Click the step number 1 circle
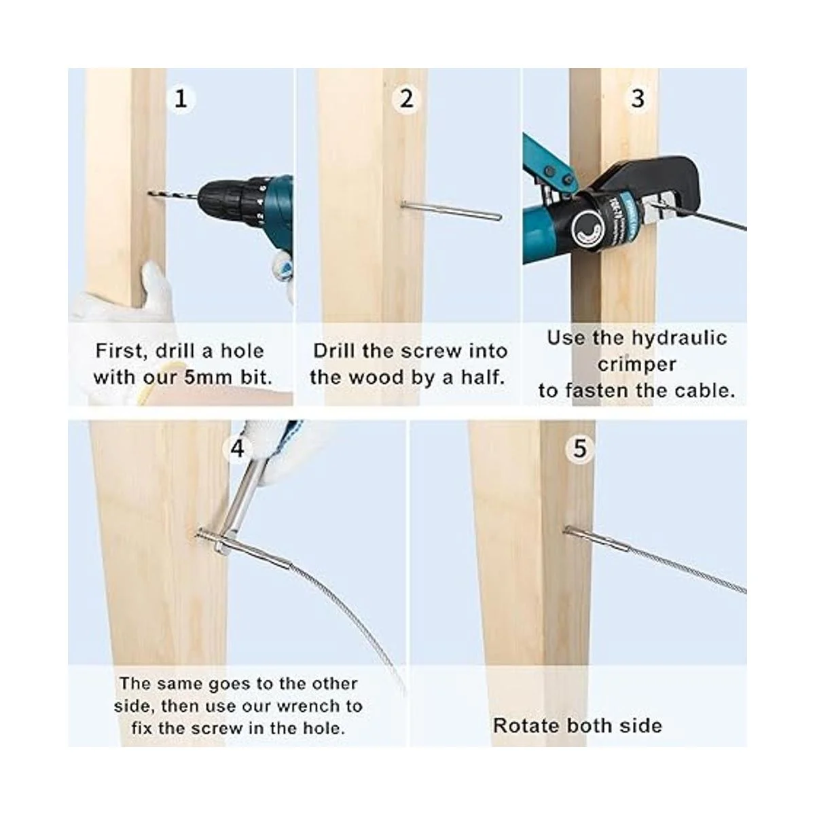(181, 99)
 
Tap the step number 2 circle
(406, 99)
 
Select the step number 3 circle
(637, 99)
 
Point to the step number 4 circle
(238, 448)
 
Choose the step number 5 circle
(579, 448)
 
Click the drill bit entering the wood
(172, 196)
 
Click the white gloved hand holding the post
(127, 296)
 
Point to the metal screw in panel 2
(451, 210)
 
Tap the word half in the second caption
(484, 377)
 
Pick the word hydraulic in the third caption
(679, 339)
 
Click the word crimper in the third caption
(637, 365)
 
